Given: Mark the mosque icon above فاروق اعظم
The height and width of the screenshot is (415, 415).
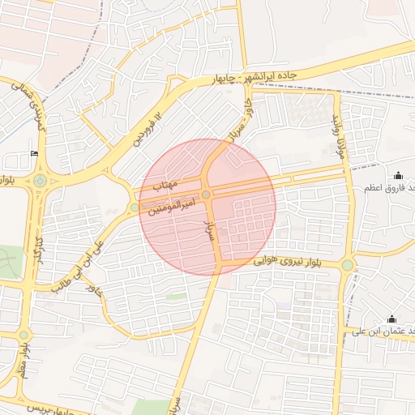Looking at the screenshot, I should click(x=397, y=176).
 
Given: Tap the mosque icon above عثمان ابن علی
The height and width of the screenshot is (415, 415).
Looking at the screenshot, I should click(x=392, y=319).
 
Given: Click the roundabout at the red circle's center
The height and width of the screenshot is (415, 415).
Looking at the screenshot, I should click(x=207, y=195).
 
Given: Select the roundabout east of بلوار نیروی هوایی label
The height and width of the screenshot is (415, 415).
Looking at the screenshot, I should click(x=347, y=265).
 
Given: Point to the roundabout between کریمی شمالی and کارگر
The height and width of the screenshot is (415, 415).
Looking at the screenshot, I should click(x=39, y=180).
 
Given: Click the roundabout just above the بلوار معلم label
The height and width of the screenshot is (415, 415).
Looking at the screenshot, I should click(x=24, y=335).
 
